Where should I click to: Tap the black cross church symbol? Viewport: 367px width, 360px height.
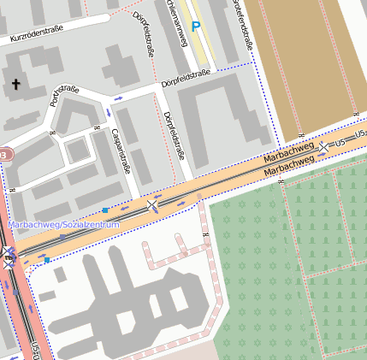[15, 84]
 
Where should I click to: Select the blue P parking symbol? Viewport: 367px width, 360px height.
[196, 27]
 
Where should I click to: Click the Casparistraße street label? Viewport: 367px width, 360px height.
[121, 150]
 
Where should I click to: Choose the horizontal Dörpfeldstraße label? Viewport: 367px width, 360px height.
[186, 79]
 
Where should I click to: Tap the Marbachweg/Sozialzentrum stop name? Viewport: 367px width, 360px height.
[63, 224]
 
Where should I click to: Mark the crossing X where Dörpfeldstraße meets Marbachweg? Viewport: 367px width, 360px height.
[152, 205]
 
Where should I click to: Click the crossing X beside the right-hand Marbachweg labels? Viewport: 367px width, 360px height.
[323, 148]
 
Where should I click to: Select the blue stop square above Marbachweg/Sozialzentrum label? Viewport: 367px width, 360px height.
[104, 210]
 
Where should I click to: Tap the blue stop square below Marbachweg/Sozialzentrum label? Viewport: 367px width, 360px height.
[48, 259]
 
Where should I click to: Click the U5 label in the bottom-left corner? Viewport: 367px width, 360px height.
[35, 350]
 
